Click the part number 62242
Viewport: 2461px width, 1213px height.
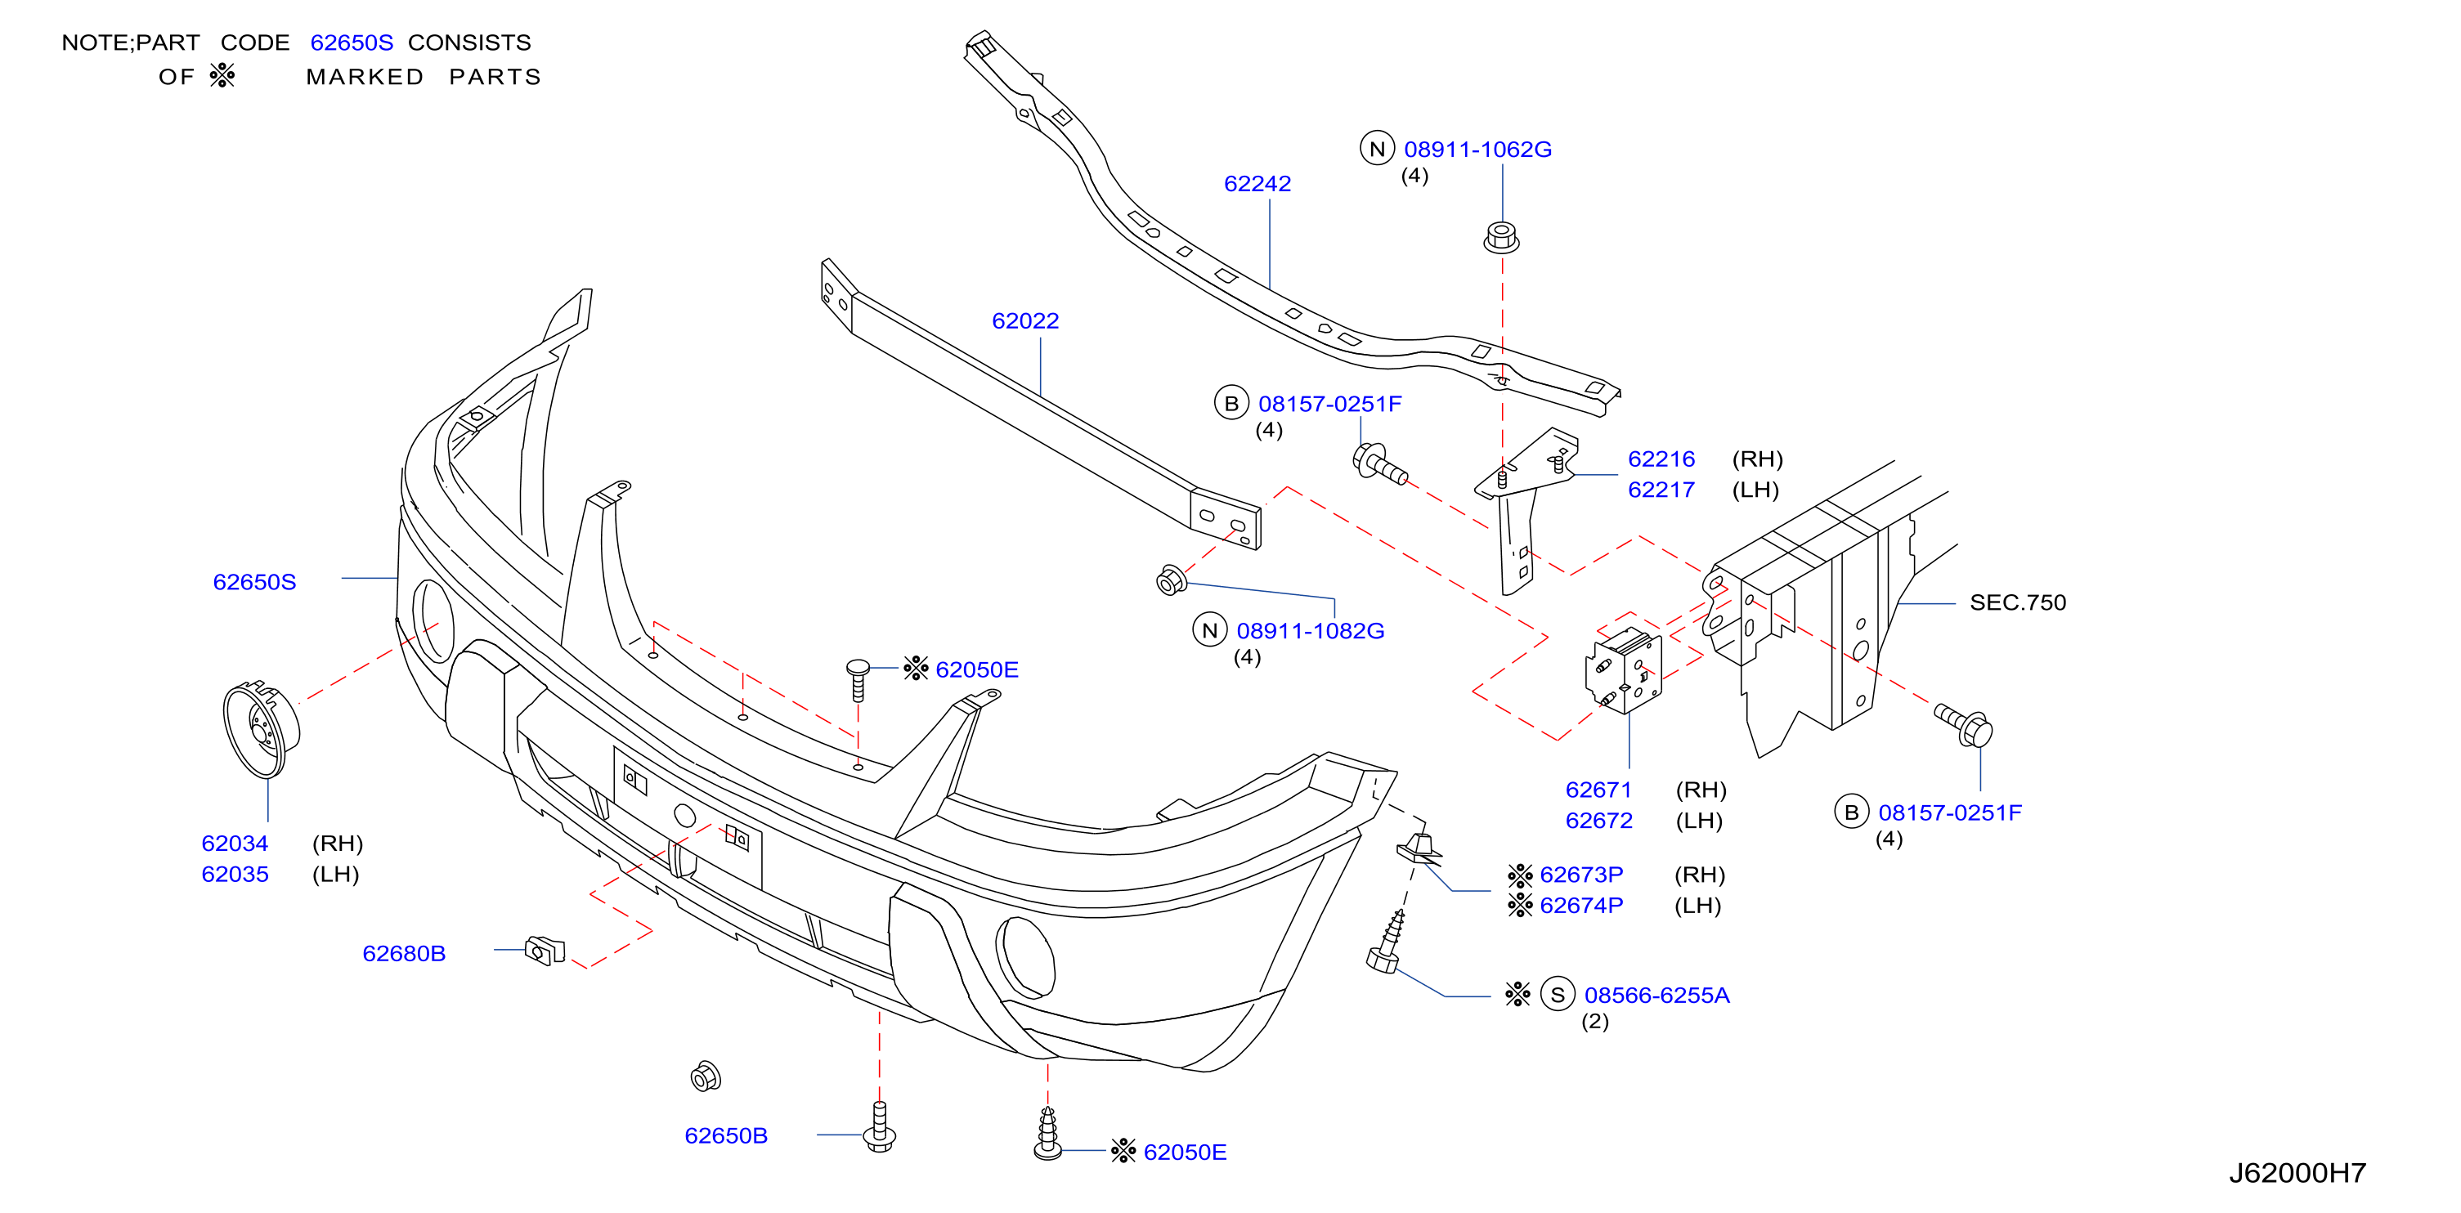1257,183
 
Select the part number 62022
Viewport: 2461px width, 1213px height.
1025,321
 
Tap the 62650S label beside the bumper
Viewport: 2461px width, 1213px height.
254,582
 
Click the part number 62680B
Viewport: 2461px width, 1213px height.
404,953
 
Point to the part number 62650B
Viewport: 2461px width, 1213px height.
726,1135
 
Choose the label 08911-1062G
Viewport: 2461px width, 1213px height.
1478,149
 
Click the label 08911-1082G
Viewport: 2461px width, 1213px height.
1311,630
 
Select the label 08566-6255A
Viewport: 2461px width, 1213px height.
1657,996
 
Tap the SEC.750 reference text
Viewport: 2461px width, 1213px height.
2018,602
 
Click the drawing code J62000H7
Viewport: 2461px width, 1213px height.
2297,1173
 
